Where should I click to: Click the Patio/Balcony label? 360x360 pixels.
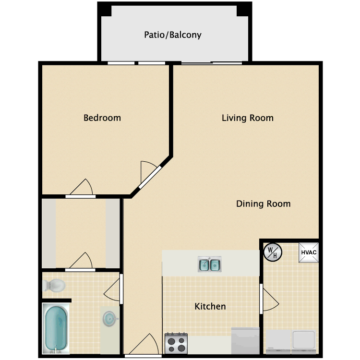click(173, 35)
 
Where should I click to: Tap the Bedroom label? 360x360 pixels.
click(102, 118)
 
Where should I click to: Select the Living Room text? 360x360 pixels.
click(248, 118)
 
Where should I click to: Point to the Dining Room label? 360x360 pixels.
click(264, 204)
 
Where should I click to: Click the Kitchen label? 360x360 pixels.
click(210, 306)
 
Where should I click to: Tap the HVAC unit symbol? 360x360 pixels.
click(309, 252)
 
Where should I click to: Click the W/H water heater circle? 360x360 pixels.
click(273, 252)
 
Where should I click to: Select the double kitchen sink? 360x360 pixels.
click(210, 264)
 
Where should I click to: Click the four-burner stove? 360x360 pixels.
click(176, 344)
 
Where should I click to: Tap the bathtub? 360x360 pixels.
click(56, 328)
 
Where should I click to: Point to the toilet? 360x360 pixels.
click(54, 286)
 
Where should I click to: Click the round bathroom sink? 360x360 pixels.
click(109, 319)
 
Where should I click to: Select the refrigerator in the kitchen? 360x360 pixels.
click(245, 341)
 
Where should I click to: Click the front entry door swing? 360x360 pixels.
click(144, 344)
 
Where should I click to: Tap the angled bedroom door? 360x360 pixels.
click(150, 175)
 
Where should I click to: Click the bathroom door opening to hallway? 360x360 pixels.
click(113, 289)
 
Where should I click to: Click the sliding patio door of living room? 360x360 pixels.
click(212, 63)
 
